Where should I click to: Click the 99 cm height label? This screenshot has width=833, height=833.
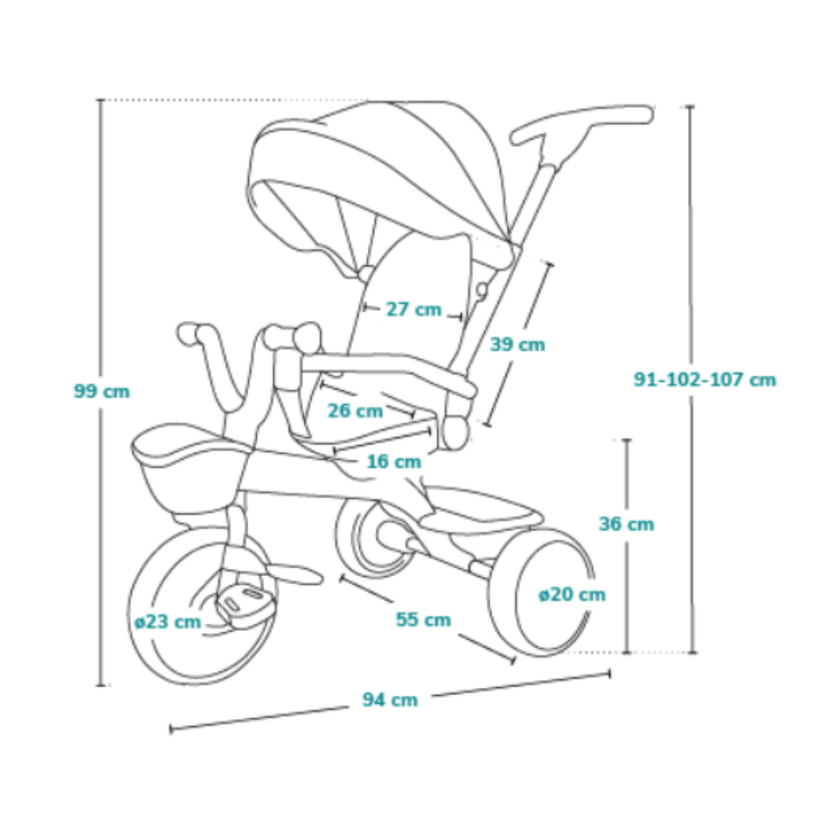102,391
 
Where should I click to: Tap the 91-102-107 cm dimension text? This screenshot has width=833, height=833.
704,379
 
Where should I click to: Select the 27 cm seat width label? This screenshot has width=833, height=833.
413,309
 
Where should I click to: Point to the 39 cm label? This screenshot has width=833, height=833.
517,345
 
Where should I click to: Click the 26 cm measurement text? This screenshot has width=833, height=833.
355,410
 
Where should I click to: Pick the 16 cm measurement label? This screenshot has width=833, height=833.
393,462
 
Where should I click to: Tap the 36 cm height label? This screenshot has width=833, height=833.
626,524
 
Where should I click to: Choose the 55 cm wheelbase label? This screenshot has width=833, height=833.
423,619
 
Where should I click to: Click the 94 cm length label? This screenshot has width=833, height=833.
390,700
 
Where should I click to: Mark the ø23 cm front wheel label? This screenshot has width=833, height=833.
167,622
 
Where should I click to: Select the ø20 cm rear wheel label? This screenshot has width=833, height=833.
572,595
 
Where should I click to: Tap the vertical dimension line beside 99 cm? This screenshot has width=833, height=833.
99,540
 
